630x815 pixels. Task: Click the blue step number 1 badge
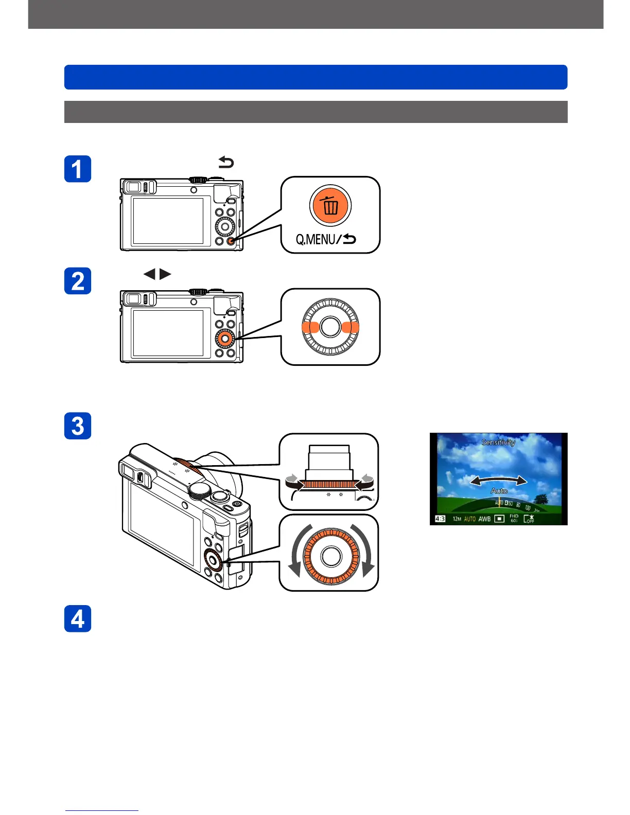tap(78, 169)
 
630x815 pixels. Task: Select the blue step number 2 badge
tap(78, 281)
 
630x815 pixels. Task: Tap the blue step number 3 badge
tap(78, 426)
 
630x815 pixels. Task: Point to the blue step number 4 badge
tap(78, 618)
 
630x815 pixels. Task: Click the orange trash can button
tap(330, 205)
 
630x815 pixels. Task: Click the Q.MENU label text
tap(315, 239)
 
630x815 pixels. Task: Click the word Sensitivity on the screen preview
tap(498, 442)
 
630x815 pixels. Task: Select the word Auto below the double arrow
tap(499, 491)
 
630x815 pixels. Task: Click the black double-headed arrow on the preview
tap(499, 481)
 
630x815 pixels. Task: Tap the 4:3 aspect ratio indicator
tap(440, 519)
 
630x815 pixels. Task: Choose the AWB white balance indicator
tap(484, 519)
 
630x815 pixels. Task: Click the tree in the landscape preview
tap(540, 499)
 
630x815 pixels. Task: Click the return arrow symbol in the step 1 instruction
tap(226, 163)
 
